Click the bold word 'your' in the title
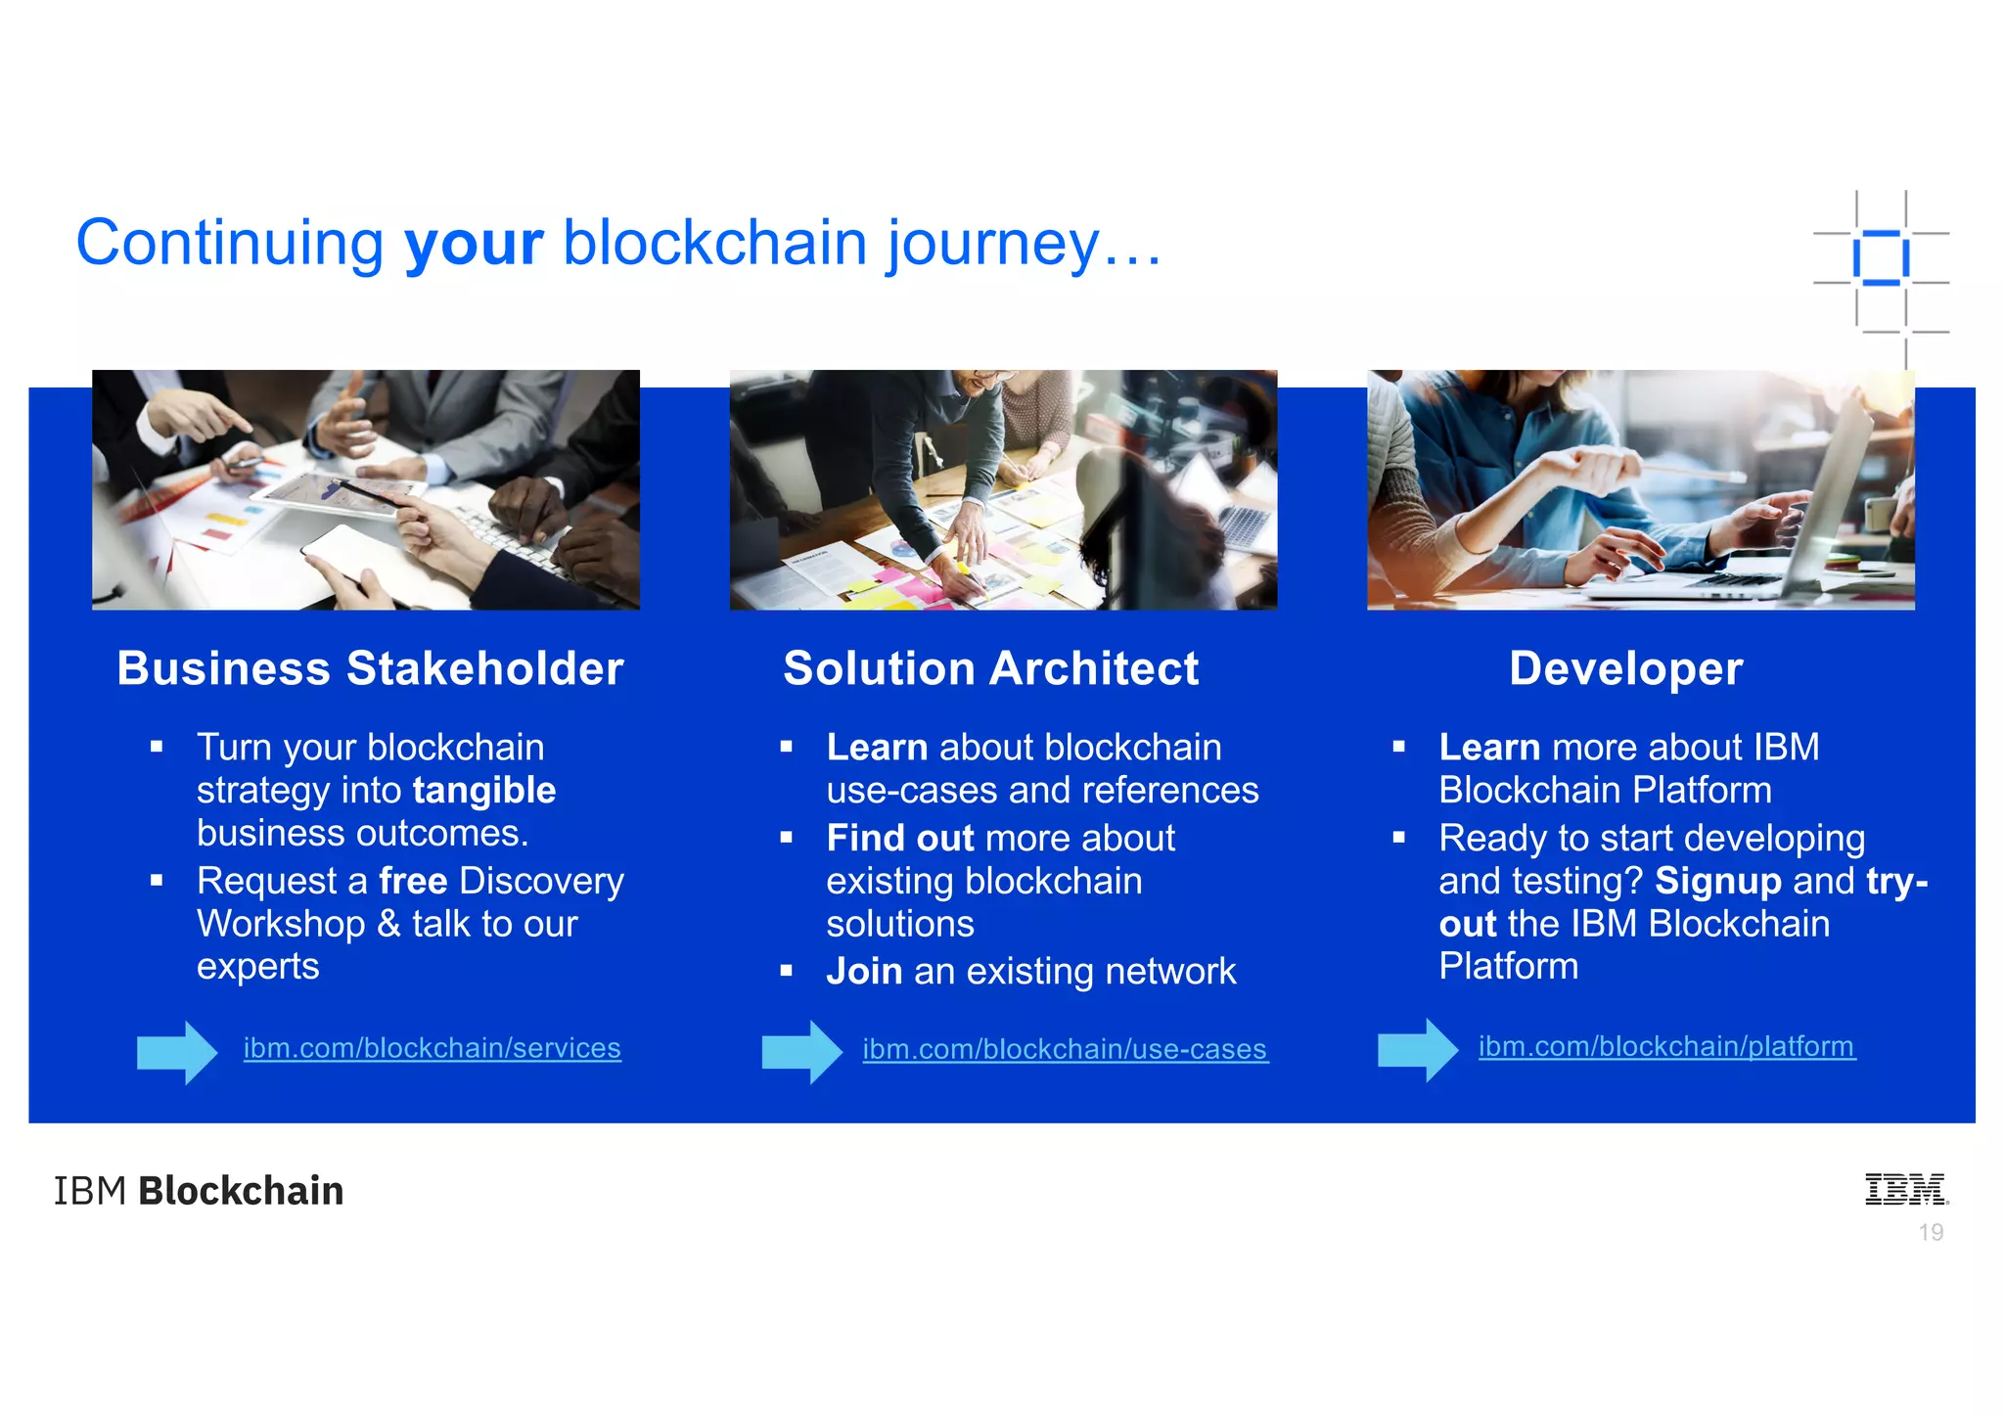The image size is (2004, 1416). [474, 244]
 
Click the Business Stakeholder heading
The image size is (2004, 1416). [370, 669]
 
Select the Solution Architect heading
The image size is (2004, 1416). [990, 669]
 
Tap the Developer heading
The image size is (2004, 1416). [1625, 669]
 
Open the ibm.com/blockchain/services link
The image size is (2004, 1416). [432, 1048]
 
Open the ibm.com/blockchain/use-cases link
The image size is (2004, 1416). [1065, 1049]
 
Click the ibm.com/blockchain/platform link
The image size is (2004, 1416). [1665, 1046]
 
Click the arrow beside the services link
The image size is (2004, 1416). [177, 1052]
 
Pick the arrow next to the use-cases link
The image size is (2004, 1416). [801, 1052]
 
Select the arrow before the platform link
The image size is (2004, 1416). [1417, 1050]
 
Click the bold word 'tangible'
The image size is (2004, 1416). [484, 791]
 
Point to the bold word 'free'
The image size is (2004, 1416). [413, 882]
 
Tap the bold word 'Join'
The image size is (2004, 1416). [864, 972]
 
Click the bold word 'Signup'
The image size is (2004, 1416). [1717, 882]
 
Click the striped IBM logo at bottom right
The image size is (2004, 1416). [1905, 1189]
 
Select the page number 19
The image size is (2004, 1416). [1931, 1233]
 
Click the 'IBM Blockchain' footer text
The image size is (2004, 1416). [199, 1191]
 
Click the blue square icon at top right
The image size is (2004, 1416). [1880, 258]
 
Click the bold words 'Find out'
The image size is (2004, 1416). [899, 839]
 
